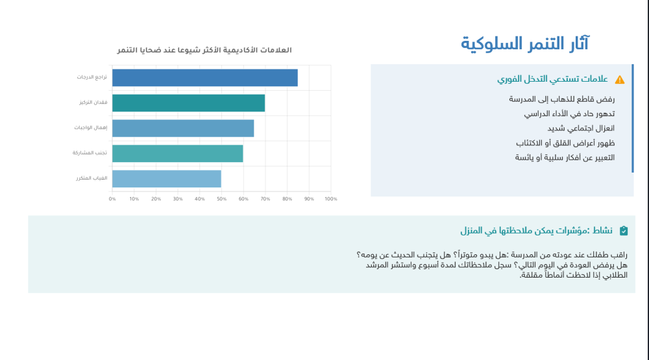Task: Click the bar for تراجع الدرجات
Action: pos(204,78)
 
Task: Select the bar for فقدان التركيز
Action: pos(188,103)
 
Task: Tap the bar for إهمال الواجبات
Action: pos(182,128)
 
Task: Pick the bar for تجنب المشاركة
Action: pos(177,154)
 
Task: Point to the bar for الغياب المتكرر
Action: pos(166,178)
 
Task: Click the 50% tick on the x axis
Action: pos(221,198)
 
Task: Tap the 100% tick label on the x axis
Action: pos(330,198)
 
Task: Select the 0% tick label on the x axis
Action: pos(112,198)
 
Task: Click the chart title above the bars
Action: pos(204,51)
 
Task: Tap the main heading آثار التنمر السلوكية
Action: pos(525,43)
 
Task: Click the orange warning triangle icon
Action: pos(620,80)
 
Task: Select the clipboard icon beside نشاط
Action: pos(624,230)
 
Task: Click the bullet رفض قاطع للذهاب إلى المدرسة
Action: pos(561,99)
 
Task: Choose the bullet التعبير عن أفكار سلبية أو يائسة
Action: pos(565,158)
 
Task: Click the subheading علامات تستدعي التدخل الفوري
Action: pos(552,79)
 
